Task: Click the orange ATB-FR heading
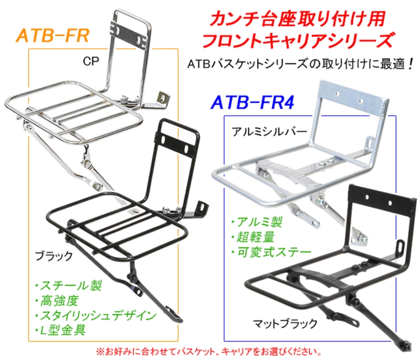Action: point(52,36)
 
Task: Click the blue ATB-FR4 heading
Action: point(253,102)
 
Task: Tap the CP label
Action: point(91,61)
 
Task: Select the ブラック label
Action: point(54,256)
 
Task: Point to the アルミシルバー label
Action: point(269,132)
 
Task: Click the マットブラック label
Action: point(285,324)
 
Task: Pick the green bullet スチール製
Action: point(69,285)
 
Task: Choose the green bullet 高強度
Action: point(57,301)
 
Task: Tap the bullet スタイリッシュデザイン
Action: point(96,315)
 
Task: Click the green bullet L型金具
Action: point(60,330)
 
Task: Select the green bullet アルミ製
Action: point(257,222)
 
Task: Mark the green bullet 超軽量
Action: point(253,237)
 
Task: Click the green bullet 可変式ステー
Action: point(271,252)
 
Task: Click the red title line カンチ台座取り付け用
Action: point(297,19)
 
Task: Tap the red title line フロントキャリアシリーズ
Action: point(298,40)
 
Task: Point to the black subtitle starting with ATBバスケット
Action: point(300,64)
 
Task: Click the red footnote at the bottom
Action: point(209,352)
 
